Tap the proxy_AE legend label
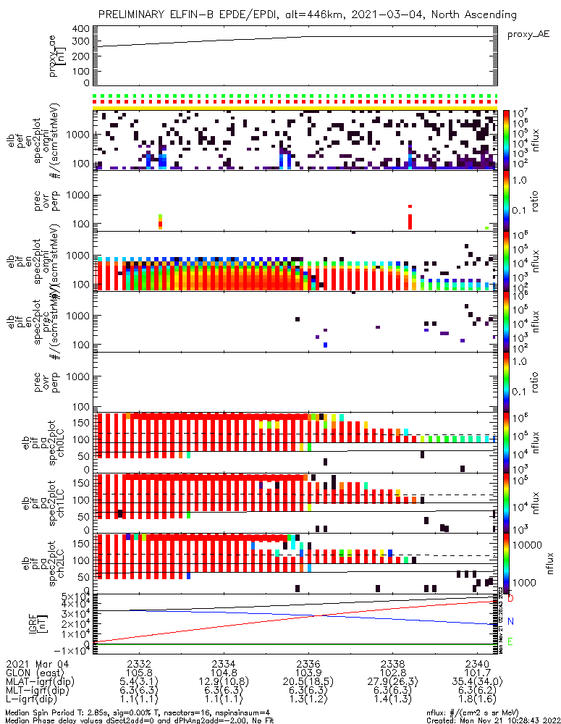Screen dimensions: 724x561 tap(529, 34)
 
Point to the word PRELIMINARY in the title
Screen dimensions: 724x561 tap(135, 14)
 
